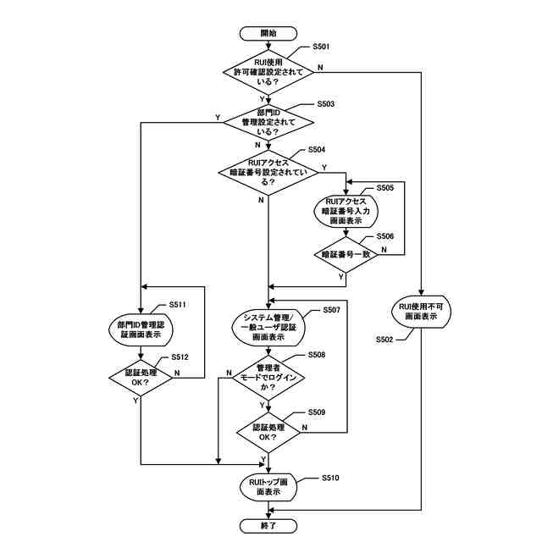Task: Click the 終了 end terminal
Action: [x=268, y=525]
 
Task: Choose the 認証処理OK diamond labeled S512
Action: [x=141, y=376]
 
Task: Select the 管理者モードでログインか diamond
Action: [x=268, y=377]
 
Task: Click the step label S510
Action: [x=329, y=478]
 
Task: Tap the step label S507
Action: [x=331, y=311]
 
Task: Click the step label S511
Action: [x=177, y=303]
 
